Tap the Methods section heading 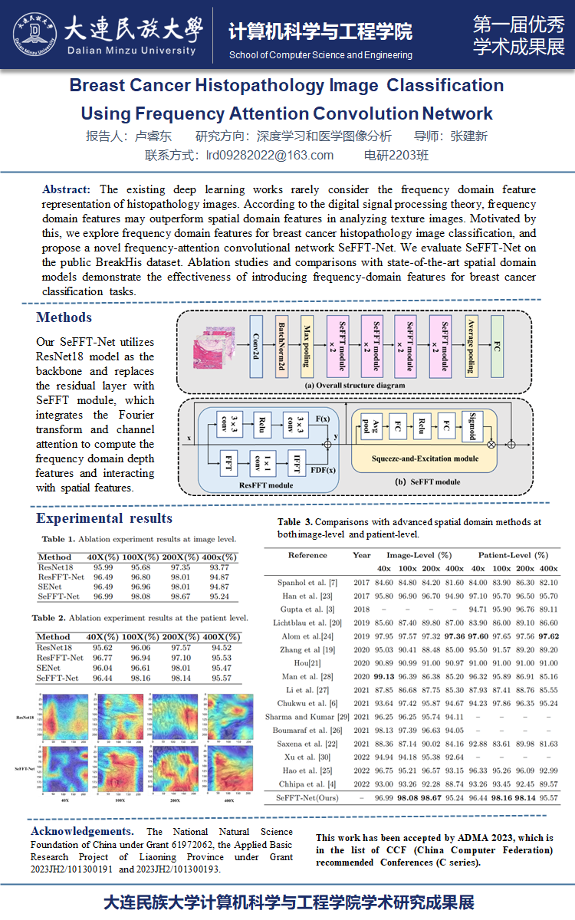point(64,317)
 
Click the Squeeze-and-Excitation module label point(426,458)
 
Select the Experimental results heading point(104,519)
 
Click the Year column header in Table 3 point(361,554)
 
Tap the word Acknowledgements point(77,831)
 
